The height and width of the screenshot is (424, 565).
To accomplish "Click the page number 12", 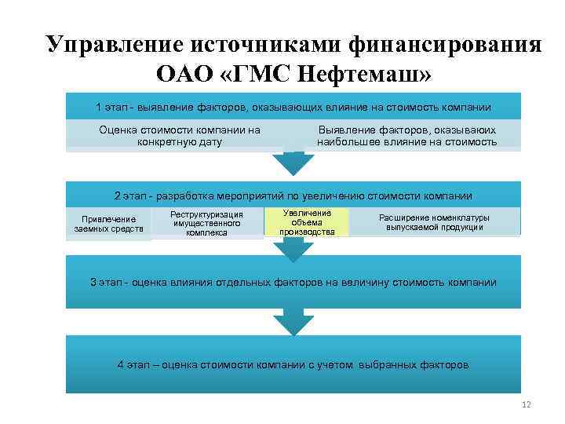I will pyautogui.click(x=526, y=404).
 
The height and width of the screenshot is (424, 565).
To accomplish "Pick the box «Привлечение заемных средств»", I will pyautogui.click(x=109, y=224).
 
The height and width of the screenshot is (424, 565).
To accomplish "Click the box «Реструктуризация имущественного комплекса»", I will pyautogui.click(x=207, y=223).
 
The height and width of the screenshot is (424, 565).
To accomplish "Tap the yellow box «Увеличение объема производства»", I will pyautogui.click(x=307, y=222).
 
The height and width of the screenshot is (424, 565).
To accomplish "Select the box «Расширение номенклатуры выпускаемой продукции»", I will pyautogui.click(x=434, y=222).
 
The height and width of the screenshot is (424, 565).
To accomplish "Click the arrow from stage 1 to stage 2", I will pyautogui.click(x=293, y=163).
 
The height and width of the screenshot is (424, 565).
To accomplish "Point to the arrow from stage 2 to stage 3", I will pyautogui.click(x=293, y=250).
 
